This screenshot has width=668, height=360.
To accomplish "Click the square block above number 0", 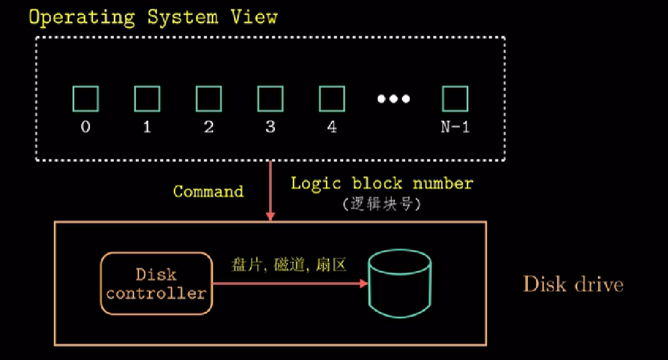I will tap(85, 98).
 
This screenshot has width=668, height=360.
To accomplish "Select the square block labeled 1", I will tap(147, 98).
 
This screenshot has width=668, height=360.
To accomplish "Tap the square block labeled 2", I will tap(209, 98).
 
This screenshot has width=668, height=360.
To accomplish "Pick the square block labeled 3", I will tap(270, 98).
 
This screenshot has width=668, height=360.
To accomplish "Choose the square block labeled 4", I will tap(332, 98).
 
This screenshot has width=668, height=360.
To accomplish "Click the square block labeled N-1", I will tap(455, 98).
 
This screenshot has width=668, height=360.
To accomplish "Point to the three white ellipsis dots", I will tap(394, 98).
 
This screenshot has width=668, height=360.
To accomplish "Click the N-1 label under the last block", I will tap(455, 127).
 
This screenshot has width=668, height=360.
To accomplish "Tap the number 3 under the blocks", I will tap(270, 127).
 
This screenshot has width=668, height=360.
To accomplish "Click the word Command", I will tap(208, 191).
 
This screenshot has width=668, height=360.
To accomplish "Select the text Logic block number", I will tap(382, 183).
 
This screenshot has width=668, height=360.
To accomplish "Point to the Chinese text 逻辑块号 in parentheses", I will tap(382, 204).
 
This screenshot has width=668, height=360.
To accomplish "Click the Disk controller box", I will tap(155, 283).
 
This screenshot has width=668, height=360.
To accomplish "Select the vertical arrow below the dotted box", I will tap(270, 190).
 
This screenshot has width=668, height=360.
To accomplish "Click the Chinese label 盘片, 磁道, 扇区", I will tap(289, 265).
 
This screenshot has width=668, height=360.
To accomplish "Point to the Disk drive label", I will tap(573, 285).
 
